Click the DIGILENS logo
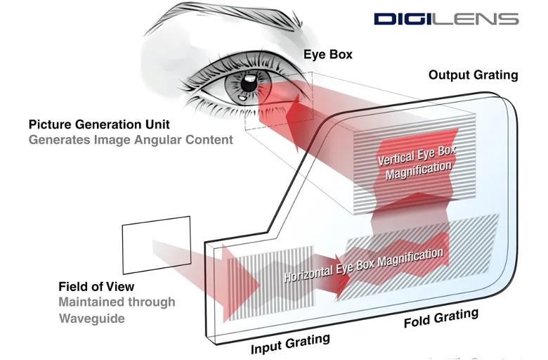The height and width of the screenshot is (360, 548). coord(446,19)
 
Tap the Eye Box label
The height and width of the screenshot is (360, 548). coord(328,54)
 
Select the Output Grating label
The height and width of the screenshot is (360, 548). coord(474,75)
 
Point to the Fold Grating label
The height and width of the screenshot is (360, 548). coord(441,318)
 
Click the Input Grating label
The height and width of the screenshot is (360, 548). coord(290,344)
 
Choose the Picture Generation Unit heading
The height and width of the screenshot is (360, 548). coord(99,124)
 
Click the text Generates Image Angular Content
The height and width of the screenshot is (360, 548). coord(131,140)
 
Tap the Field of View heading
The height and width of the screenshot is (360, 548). coord(96,287)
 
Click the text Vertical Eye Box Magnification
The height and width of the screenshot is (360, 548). coord(417,162)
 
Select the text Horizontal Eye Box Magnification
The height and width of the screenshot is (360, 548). coord(363,265)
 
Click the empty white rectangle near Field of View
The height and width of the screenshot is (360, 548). coord(156,245)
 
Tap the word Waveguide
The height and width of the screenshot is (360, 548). coord(91,319)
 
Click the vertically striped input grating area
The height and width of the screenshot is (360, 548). coord(271,283)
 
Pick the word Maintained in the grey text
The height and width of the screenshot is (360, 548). coord(91,302)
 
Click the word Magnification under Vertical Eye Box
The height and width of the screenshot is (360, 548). coord(419,170)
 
